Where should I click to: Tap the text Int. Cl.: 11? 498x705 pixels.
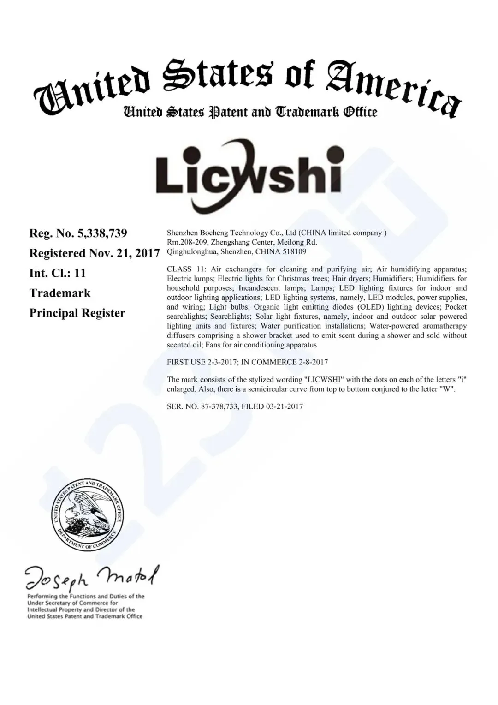pos(58,273)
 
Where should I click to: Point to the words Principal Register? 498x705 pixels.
pos(77,313)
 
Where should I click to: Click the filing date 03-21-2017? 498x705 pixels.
pos(284,406)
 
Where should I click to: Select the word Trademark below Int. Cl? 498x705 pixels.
pos(60,293)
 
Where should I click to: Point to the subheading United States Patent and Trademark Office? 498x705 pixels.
pos(249,112)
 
